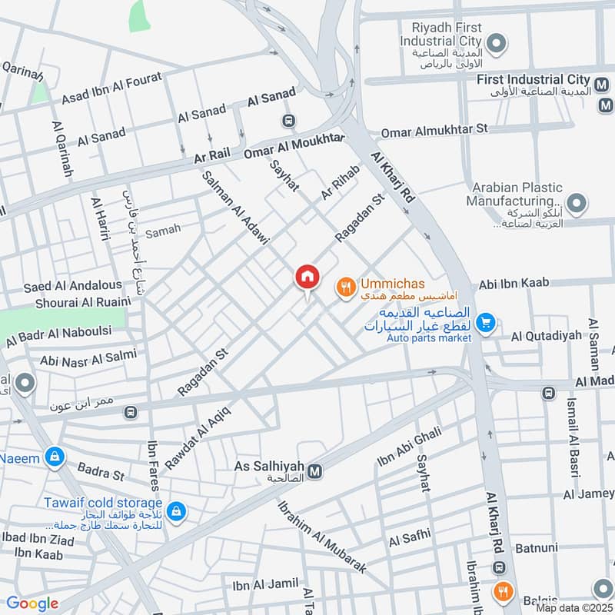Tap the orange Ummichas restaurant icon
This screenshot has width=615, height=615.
coord(346,288)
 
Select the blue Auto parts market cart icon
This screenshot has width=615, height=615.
coord(484,324)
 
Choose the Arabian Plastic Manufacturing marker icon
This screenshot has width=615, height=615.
coord(578,204)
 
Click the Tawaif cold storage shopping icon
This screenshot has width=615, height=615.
coord(176,510)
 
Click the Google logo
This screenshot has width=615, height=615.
coord(32,603)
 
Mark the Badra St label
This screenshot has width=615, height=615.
coord(100,471)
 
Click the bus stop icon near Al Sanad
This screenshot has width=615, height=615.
coord(289,121)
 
